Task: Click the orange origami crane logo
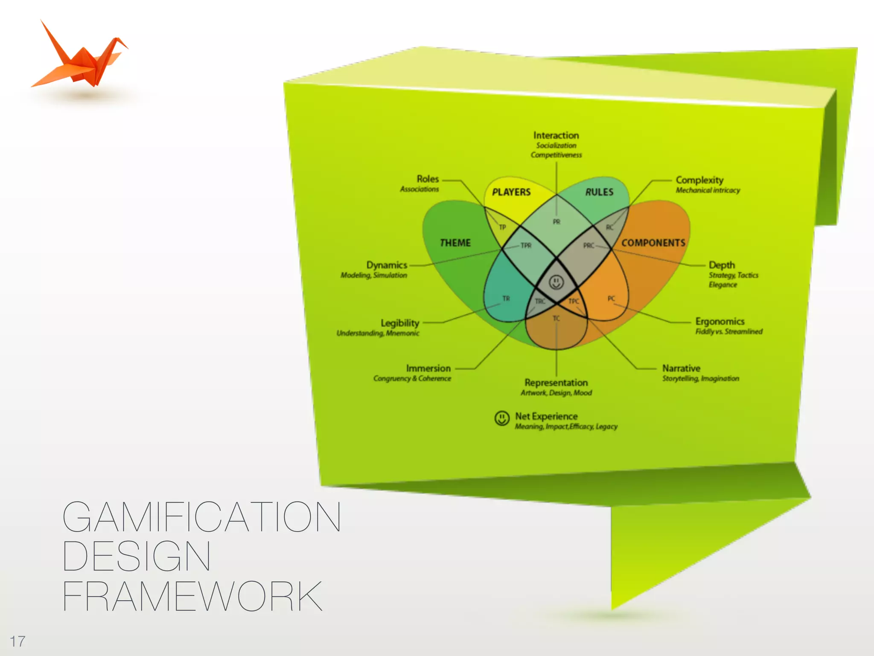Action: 81,60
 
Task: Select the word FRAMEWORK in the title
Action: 192,596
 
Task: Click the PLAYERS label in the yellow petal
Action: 511,192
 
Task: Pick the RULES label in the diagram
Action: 599,192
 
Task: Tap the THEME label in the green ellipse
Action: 455,243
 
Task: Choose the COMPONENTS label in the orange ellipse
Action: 653,243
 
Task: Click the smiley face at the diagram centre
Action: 556,282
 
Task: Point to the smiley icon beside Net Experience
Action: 502,418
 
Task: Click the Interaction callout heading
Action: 556,135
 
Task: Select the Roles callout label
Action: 428,179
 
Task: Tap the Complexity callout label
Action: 699,180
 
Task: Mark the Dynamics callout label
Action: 387,265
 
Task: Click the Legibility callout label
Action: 400,323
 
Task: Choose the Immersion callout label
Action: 428,368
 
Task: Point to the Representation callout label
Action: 556,383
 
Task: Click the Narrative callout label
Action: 681,368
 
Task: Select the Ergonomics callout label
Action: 720,321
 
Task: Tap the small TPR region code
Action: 526,246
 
